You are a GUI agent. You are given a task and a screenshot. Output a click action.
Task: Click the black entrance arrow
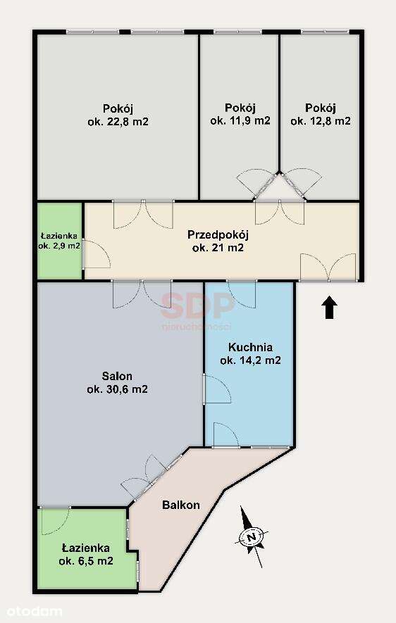[330, 308]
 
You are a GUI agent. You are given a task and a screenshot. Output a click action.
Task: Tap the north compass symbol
[252, 536]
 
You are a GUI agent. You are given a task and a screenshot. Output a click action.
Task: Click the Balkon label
[181, 505]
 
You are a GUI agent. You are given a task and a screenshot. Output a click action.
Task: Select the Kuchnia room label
[250, 348]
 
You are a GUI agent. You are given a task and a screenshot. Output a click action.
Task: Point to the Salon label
[117, 377]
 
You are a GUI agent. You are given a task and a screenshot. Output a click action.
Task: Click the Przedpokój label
[218, 234]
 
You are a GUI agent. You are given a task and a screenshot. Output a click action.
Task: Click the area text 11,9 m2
[240, 120]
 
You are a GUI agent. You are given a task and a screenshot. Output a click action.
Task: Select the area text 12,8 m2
[321, 120]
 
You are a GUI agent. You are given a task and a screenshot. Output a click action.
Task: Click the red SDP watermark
[198, 305]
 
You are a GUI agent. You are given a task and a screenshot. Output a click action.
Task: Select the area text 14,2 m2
[250, 361]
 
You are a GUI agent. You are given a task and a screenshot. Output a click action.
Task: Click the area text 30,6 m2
[117, 389]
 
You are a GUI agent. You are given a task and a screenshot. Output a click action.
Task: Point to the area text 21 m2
[218, 248]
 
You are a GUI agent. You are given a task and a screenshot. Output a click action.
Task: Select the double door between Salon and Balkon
[151, 477]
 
